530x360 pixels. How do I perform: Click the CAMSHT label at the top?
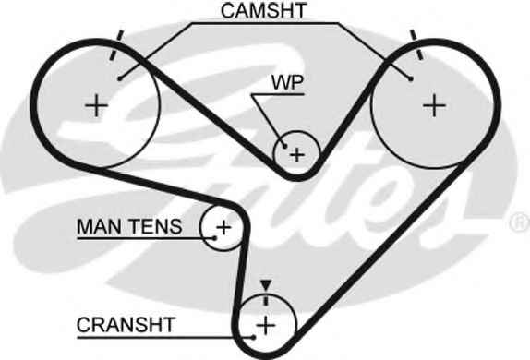pyautogui.click(x=264, y=10)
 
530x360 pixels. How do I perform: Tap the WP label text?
pyautogui.click(x=288, y=82)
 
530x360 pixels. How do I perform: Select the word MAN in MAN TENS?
pyautogui.click(x=99, y=226)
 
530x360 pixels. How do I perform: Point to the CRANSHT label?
pyautogui.click(x=126, y=325)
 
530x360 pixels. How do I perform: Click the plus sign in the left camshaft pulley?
pyautogui.click(x=96, y=106)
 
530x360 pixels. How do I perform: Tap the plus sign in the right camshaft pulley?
pyautogui.click(x=434, y=106)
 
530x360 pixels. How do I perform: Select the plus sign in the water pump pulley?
pyautogui.click(x=297, y=155)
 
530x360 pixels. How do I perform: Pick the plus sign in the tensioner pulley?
pyautogui.click(x=223, y=227)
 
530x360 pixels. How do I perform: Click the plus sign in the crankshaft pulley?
pyautogui.click(x=266, y=326)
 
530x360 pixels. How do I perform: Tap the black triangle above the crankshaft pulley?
pyautogui.click(x=266, y=285)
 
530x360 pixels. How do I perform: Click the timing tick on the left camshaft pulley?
pyautogui.click(x=116, y=45)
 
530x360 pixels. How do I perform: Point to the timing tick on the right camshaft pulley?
pyautogui.click(x=416, y=45)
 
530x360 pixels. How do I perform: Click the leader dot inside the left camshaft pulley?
pyautogui.click(x=119, y=78)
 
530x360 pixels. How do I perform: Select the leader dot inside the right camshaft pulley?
pyautogui.click(x=411, y=78)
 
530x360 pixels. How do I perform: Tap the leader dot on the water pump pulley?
pyautogui.click(x=285, y=147)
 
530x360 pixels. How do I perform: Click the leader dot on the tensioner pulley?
pyautogui.click(x=215, y=238)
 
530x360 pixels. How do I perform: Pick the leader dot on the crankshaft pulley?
pyautogui.click(x=253, y=337)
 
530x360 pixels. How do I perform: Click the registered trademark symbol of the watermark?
pyautogui.click(x=521, y=222)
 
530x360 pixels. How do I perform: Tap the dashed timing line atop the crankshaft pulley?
pyautogui.click(x=266, y=299)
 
